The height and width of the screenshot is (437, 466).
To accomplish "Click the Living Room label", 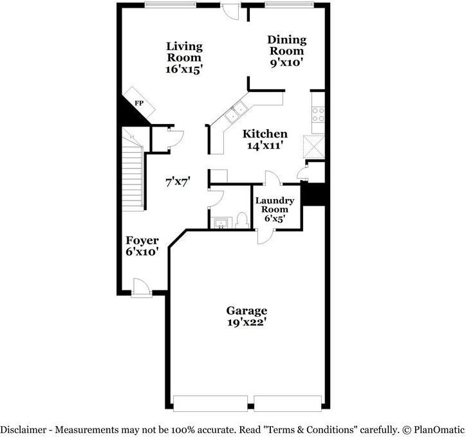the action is click(x=184, y=52).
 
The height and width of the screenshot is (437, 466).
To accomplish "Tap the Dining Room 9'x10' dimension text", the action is click(x=286, y=62).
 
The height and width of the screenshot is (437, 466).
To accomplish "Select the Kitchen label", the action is click(x=265, y=134).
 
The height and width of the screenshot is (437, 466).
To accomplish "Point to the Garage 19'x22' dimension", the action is click(x=247, y=322).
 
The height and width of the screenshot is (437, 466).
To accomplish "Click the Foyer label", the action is click(x=142, y=240).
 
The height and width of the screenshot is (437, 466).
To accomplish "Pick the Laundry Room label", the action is click(x=275, y=205).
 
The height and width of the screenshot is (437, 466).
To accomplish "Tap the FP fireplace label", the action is click(x=139, y=103).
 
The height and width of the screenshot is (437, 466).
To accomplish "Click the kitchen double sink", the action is click(x=235, y=112).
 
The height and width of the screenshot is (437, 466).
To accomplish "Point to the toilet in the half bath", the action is click(x=242, y=220).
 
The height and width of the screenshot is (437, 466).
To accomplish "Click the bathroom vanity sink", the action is click(x=221, y=223).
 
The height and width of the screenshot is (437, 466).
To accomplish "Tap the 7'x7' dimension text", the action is click(x=178, y=182).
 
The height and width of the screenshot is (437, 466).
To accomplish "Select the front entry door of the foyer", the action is click(x=141, y=288).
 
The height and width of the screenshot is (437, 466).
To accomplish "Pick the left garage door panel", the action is click(x=210, y=403).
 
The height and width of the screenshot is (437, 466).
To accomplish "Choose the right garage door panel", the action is click(x=288, y=403).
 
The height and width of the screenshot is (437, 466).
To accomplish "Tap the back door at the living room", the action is click(x=230, y=11).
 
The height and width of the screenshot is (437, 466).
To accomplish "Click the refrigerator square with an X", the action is click(x=314, y=147).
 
